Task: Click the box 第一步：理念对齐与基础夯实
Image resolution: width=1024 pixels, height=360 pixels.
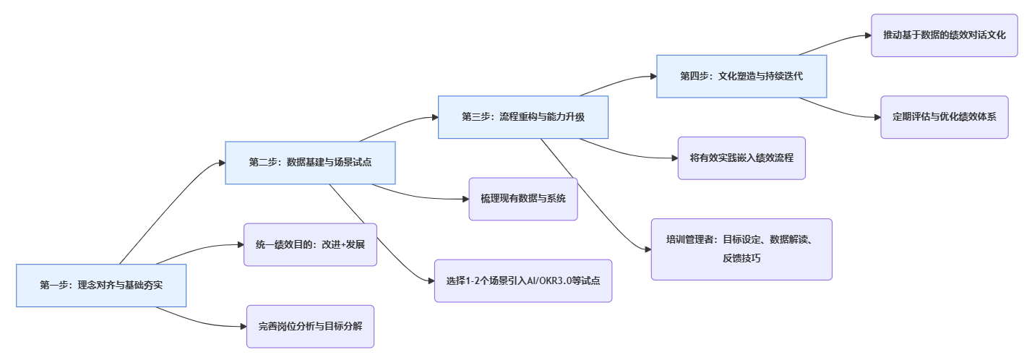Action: pyautogui.click(x=101, y=286)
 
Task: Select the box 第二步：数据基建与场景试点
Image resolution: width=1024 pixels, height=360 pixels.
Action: pyautogui.click(x=311, y=163)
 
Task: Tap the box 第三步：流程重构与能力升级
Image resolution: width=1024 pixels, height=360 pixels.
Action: pyautogui.click(x=523, y=117)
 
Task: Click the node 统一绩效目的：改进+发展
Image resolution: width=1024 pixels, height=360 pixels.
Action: pyautogui.click(x=310, y=244)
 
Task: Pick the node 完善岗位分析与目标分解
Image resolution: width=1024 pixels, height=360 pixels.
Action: pyautogui.click(x=310, y=326)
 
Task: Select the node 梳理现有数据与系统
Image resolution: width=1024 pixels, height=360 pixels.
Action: pyautogui.click(x=523, y=199)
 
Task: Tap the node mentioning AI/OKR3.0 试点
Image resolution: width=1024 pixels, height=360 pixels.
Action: pyautogui.click(x=523, y=280)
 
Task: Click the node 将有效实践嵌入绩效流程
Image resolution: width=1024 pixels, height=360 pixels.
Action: pyautogui.click(x=741, y=158)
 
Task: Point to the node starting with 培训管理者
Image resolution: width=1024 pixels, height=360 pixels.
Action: pyautogui.click(x=741, y=249)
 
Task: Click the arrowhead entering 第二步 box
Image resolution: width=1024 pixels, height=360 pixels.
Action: pyautogui.click(x=221, y=163)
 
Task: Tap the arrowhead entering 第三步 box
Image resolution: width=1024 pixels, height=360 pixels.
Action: pyautogui.click(x=434, y=117)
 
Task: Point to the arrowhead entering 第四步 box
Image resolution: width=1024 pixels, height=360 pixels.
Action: pyautogui.click(x=653, y=76)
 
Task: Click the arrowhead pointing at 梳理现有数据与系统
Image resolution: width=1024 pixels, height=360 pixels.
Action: pyautogui.click(x=465, y=199)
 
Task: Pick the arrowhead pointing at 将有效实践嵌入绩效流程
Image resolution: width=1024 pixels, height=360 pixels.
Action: pyautogui.click(x=674, y=158)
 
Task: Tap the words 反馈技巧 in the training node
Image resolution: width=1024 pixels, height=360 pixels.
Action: pyautogui.click(x=741, y=258)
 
